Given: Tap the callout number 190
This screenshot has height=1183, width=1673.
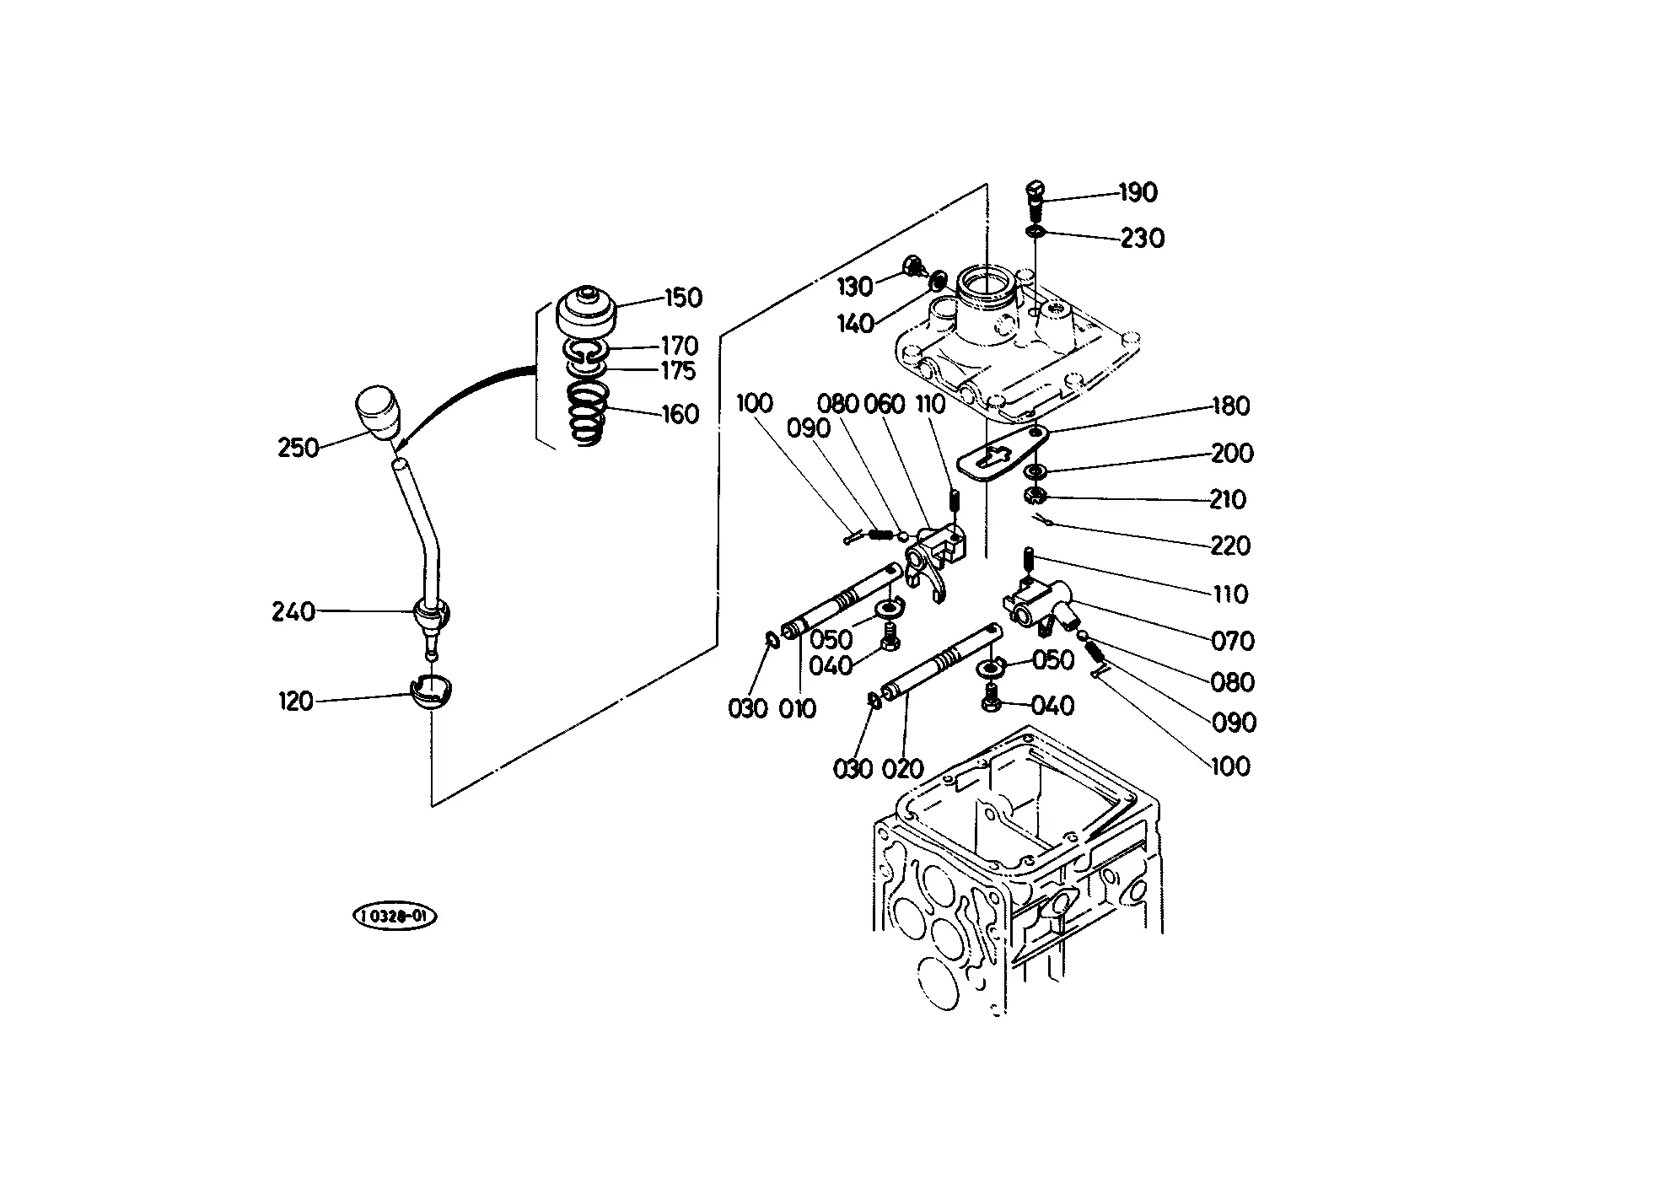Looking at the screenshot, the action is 1138,193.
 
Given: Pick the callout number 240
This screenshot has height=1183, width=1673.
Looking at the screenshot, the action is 293,611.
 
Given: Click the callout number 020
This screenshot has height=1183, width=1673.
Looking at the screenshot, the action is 902,769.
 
